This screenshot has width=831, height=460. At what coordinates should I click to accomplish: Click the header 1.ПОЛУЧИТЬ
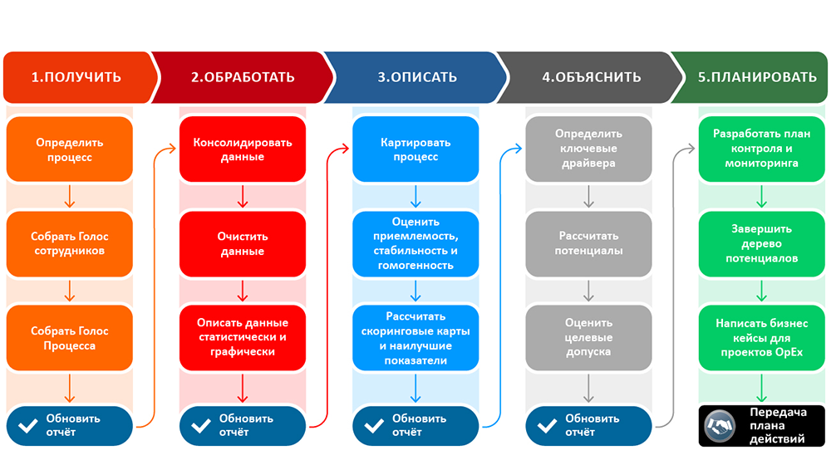pyautogui.click(x=76, y=77)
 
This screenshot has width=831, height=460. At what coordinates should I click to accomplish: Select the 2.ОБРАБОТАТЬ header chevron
pyautogui.click(x=243, y=77)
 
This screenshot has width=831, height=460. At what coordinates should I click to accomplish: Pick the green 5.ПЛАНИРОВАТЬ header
pyautogui.click(x=757, y=77)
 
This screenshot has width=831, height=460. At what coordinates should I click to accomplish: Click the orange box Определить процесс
pyautogui.click(x=70, y=149)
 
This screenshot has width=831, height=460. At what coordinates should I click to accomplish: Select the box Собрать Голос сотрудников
pyautogui.click(x=70, y=243)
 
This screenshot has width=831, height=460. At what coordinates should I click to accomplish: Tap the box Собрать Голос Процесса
pyautogui.click(x=70, y=338)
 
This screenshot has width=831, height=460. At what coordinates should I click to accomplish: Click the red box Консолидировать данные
pyautogui.click(x=243, y=149)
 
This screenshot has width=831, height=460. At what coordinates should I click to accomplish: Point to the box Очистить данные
pyautogui.click(x=243, y=243)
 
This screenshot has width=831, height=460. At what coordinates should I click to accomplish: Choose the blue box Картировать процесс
pyautogui.click(x=416, y=149)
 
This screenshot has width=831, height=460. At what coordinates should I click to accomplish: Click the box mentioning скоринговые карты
pyautogui.click(x=416, y=338)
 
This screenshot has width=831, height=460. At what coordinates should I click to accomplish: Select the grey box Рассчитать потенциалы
pyautogui.click(x=589, y=243)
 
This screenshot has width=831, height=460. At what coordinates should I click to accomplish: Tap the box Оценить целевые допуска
pyautogui.click(x=589, y=338)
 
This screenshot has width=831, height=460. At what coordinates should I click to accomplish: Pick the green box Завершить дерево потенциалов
pyautogui.click(x=762, y=243)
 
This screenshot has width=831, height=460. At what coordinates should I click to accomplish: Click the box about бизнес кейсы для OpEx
pyautogui.click(x=762, y=338)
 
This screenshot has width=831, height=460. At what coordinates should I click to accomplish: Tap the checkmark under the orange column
pyautogui.click(x=27, y=426)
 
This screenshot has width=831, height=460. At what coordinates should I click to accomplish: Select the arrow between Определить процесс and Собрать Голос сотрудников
pyautogui.click(x=70, y=197)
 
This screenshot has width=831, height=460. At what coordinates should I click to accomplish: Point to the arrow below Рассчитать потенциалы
pyautogui.click(x=589, y=291)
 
